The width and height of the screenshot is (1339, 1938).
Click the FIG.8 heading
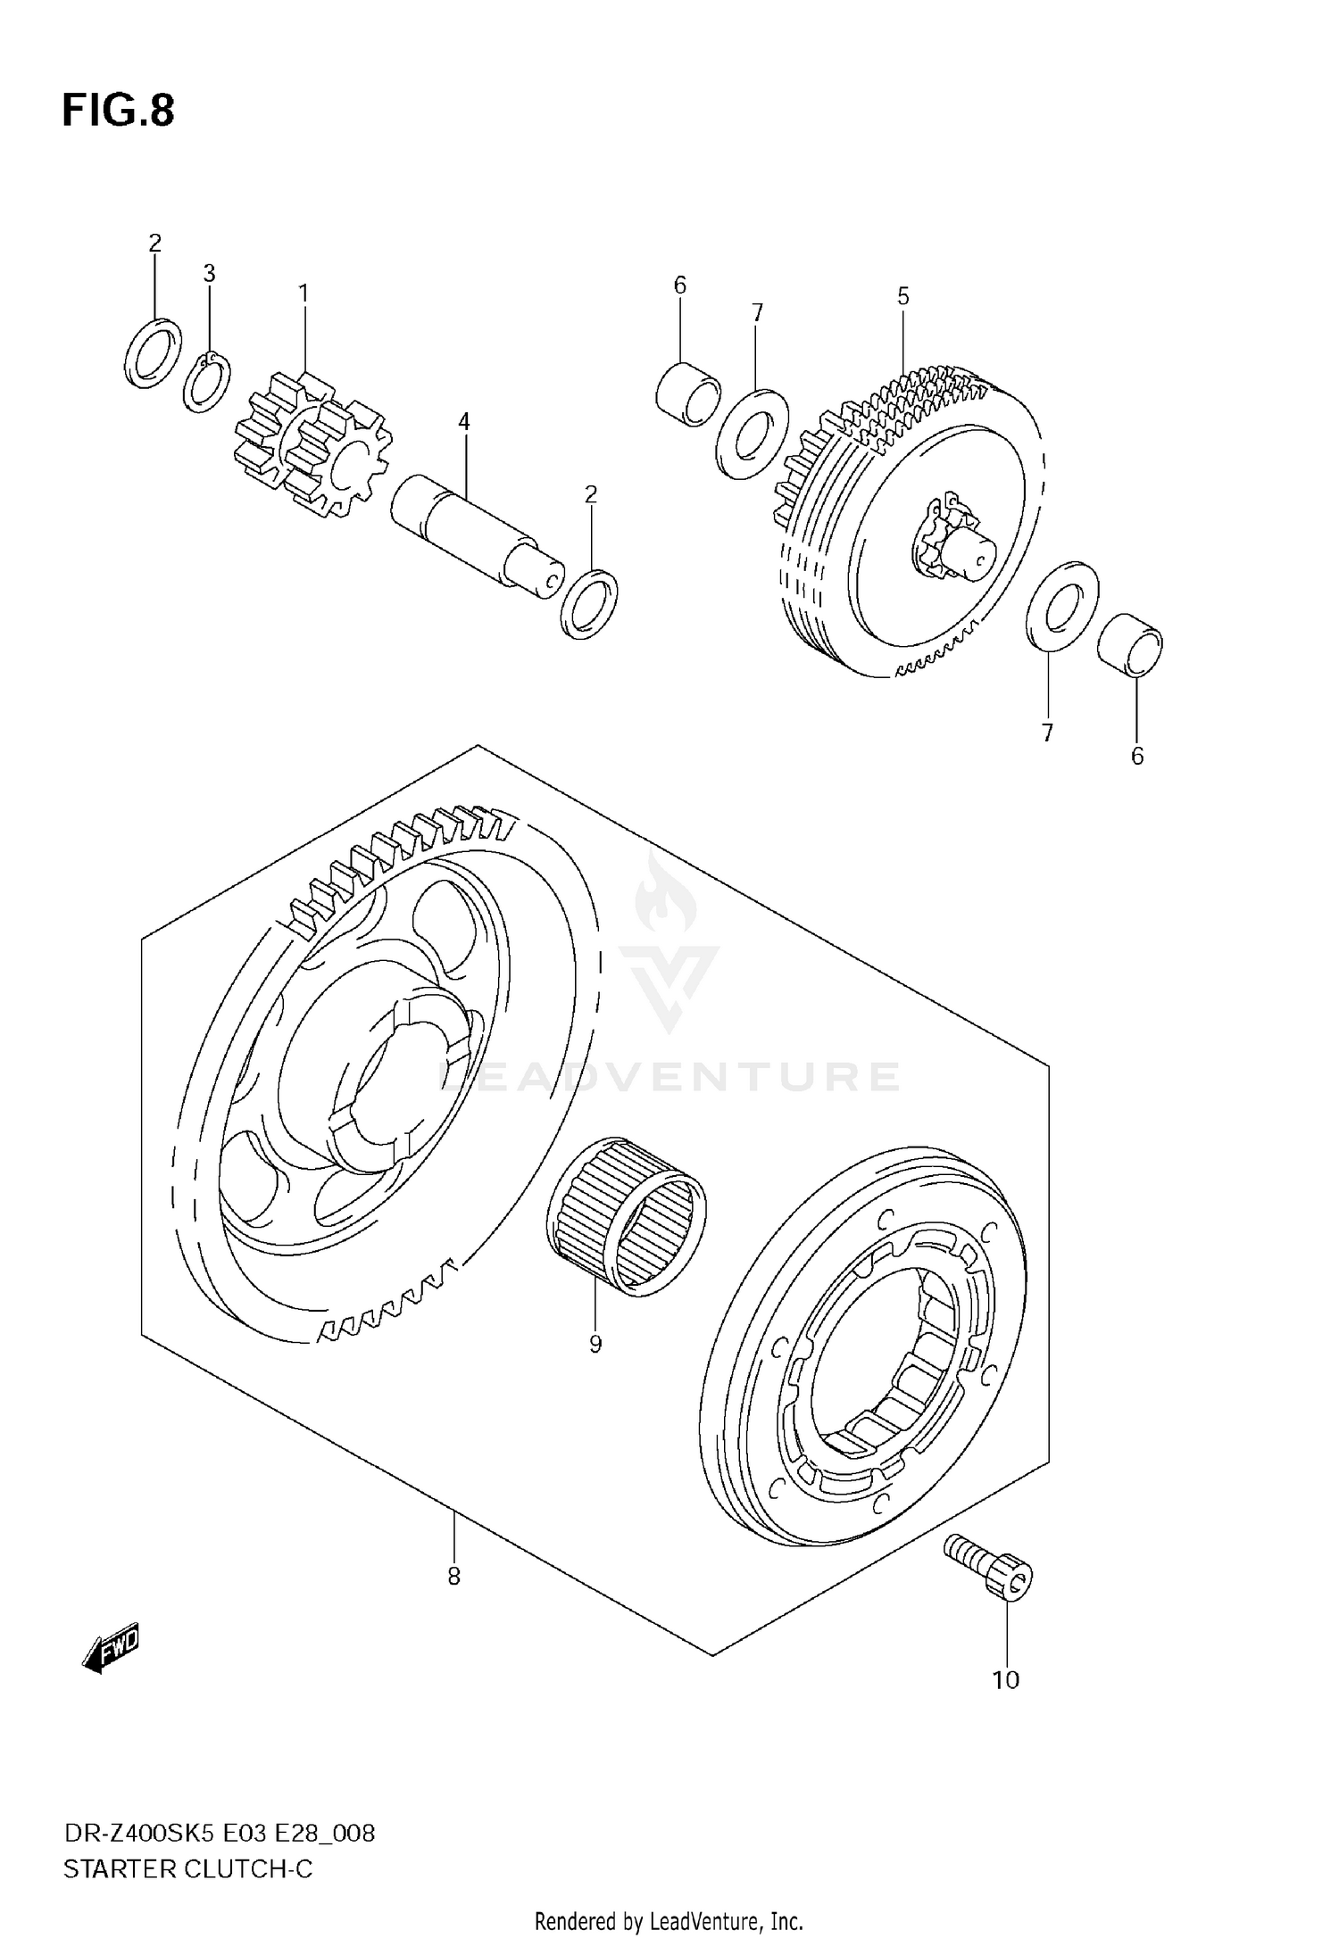[x=118, y=112]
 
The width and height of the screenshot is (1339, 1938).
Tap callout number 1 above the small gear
[x=303, y=293]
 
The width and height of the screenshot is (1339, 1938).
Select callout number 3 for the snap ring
[x=209, y=274]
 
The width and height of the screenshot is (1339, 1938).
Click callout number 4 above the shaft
[x=464, y=422]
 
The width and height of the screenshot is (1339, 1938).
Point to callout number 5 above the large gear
[x=903, y=296]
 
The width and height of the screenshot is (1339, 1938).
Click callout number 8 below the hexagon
[x=453, y=1577]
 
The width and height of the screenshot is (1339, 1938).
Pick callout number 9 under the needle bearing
[x=595, y=1344]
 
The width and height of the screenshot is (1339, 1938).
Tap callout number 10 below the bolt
[x=1005, y=1680]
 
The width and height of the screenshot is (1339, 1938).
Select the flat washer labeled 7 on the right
[x=1061, y=607]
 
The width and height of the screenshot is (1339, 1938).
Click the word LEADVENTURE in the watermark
[x=669, y=1077]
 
